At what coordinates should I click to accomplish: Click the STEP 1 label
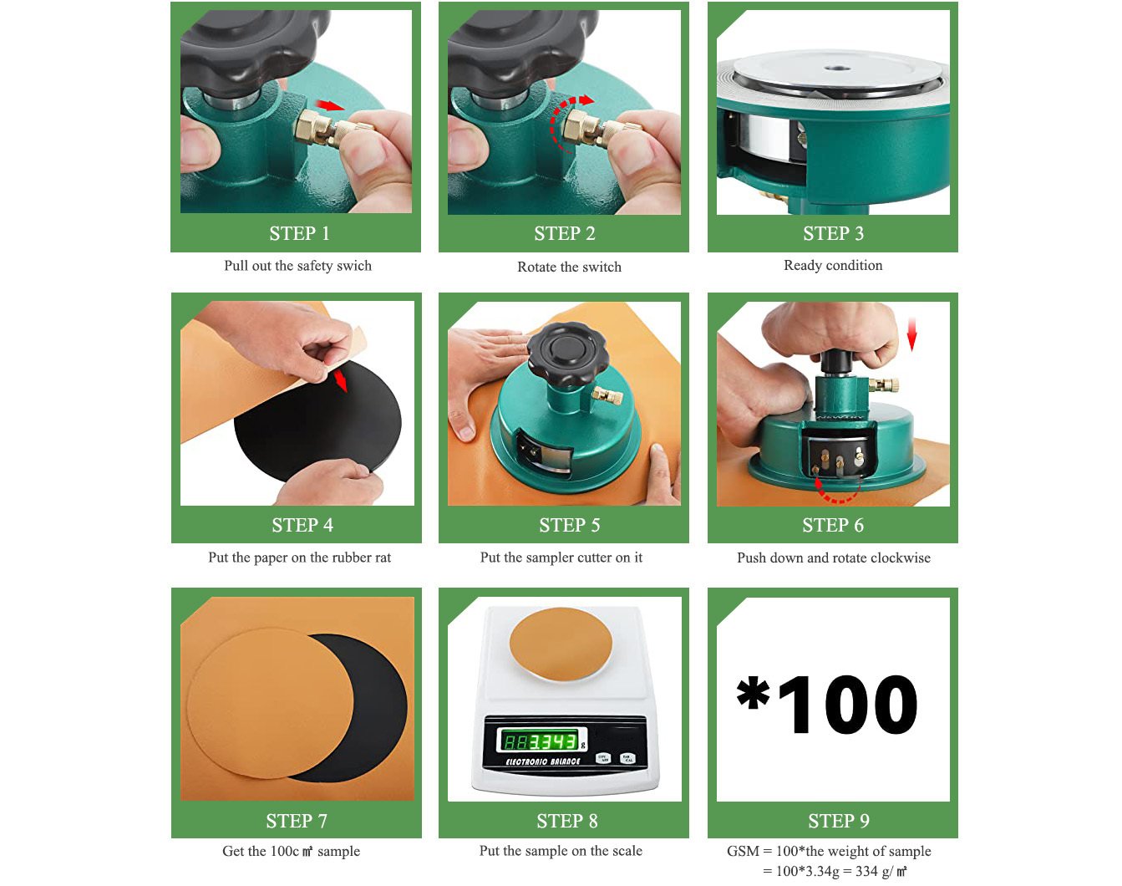click(x=299, y=234)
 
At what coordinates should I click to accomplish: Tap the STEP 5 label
click(x=569, y=526)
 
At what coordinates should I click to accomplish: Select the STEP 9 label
click(x=838, y=821)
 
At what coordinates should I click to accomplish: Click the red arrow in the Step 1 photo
click(x=331, y=105)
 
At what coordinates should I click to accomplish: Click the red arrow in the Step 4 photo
click(x=340, y=381)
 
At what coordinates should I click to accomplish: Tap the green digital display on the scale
click(x=541, y=740)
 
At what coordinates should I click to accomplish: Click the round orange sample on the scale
click(x=561, y=644)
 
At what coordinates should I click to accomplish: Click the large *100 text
click(x=827, y=705)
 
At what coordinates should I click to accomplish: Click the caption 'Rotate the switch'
click(x=569, y=267)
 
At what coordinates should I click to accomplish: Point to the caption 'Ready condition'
click(x=832, y=265)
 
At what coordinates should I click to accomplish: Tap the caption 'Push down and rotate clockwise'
click(x=833, y=558)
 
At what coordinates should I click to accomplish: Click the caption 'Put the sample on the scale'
click(x=561, y=851)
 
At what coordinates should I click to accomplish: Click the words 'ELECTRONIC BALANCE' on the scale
click(x=542, y=761)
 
